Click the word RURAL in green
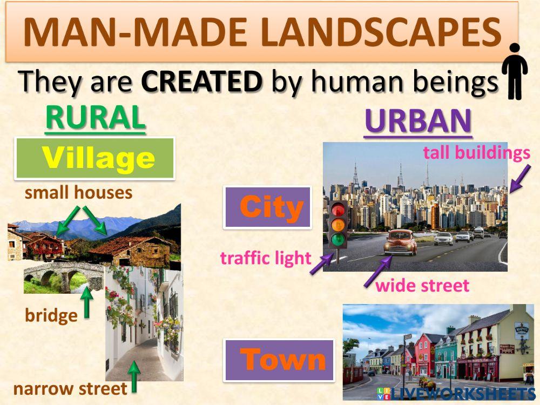95,117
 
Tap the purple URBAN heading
418,122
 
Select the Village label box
95,158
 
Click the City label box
268,207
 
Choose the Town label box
279,360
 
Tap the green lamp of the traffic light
339,239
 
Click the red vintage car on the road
400,242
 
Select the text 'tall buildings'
476,153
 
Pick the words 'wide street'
422,286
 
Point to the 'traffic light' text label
266,258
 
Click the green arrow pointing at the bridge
87,302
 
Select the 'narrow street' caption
70,388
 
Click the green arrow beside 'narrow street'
133,376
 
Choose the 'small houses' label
79,192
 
